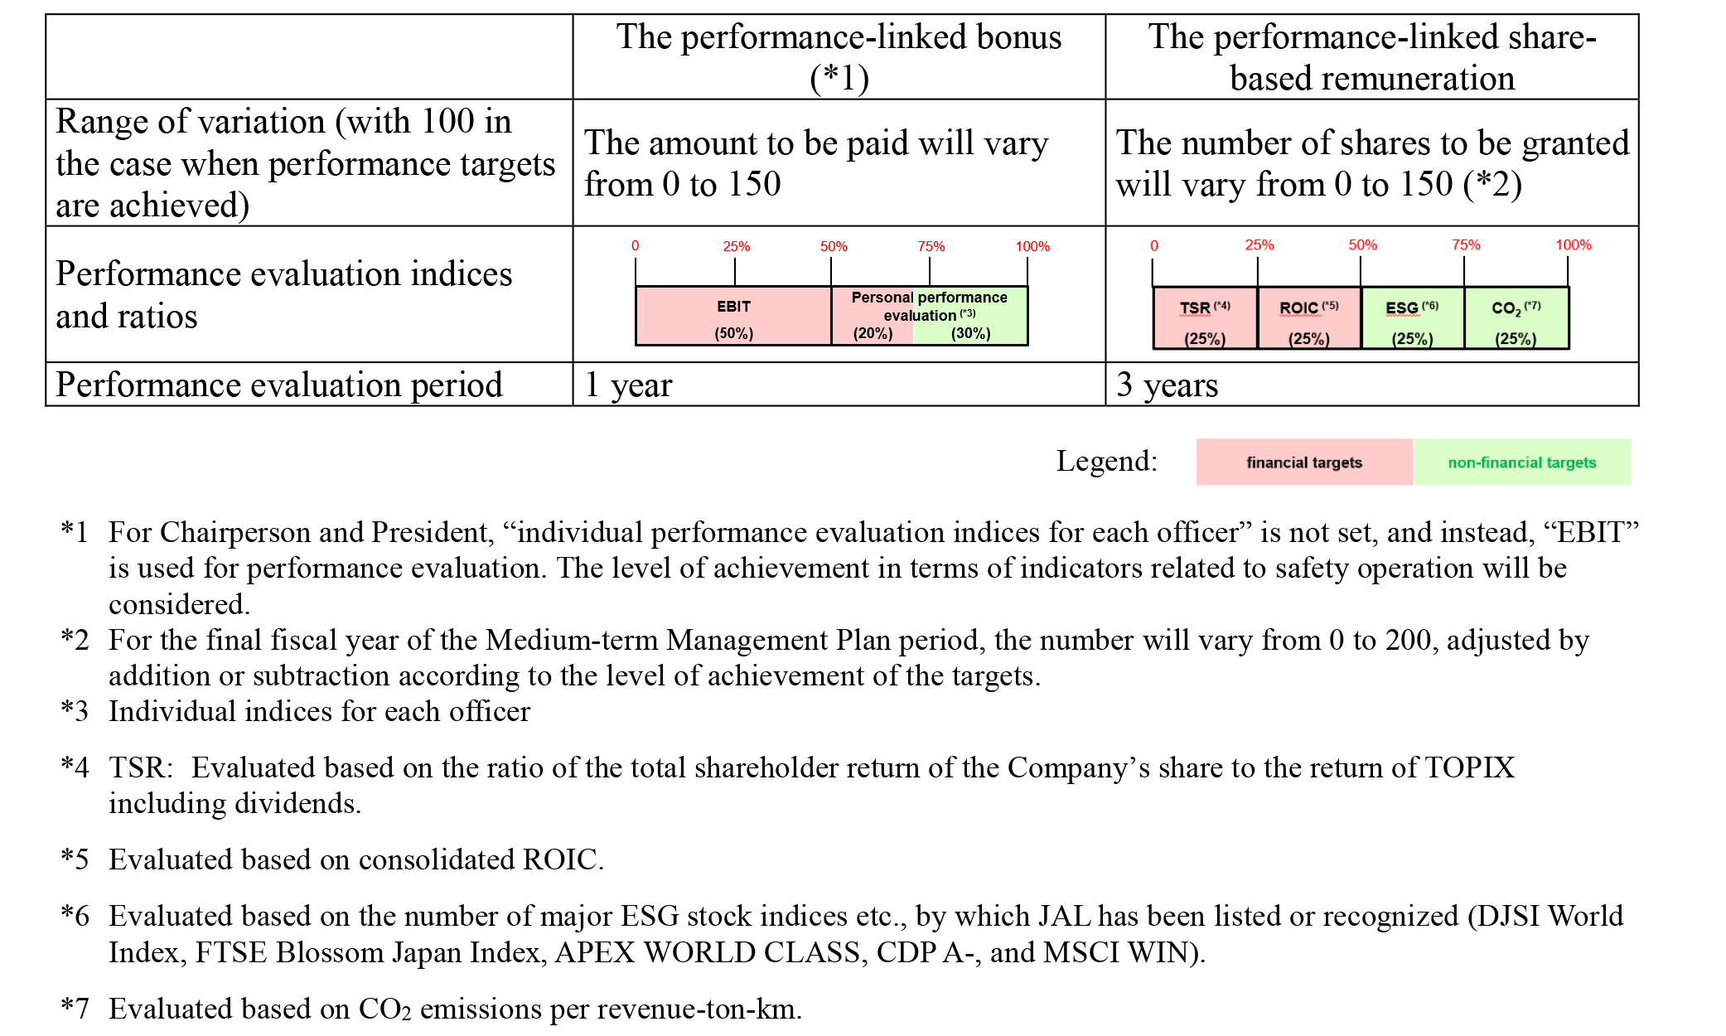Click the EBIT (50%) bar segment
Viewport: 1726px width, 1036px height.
pyautogui.click(x=733, y=316)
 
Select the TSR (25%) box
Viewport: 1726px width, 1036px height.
pyautogui.click(x=1205, y=318)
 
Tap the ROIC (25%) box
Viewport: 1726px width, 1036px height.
pyautogui.click(x=1309, y=318)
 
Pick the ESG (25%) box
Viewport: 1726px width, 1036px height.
pyautogui.click(x=1413, y=318)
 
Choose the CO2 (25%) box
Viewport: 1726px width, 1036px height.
pyautogui.click(x=1516, y=318)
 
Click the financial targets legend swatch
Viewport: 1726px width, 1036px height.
pyautogui.click(x=1304, y=462)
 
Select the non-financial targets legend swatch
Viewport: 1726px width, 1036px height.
pyautogui.click(x=1522, y=462)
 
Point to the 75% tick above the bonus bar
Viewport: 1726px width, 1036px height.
pyautogui.click(x=930, y=272)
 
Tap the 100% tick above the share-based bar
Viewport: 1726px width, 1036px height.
pyautogui.click(x=1568, y=272)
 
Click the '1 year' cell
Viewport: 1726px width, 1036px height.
pyautogui.click(x=839, y=385)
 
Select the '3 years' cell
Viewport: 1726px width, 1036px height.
pyautogui.click(x=1371, y=385)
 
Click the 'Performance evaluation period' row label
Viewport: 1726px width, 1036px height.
pyautogui.click(x=279, y=385)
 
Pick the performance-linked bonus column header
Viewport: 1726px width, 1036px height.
pyautogui.click(x=839, y=57)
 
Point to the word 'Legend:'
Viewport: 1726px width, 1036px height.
pyautogui.click(x=1107, y=461)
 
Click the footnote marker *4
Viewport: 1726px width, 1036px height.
pyautogui.click(x=75, y=767)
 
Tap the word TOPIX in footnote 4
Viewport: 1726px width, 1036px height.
pyautogui.click(x=1469, y=767)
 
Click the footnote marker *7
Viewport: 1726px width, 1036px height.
pyautogui.click(x=75, y=1009)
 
